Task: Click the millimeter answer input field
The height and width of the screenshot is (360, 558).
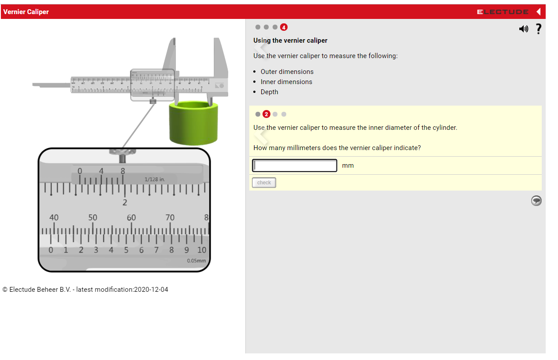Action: pos(295,165)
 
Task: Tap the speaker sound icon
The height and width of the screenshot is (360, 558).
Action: pos(523,29)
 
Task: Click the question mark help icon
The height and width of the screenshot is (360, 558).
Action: pos(538,29)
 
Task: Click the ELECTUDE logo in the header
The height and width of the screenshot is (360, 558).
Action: pos(503,12)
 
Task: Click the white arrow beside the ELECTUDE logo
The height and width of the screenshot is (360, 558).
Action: pos(538,12)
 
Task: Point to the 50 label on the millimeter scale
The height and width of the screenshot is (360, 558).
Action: pos(93,217)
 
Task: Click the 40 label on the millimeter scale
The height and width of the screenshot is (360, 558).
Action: pos(54,217)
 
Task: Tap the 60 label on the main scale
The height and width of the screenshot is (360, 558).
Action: pos(131,217)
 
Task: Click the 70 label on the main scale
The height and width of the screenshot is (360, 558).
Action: pos(170,217)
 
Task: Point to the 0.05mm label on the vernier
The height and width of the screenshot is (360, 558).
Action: pos(196,261)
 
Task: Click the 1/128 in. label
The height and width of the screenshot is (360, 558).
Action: pos(155,180)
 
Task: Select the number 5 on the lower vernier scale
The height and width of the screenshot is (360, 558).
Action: pos(126,250)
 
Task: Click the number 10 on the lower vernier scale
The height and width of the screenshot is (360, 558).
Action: pos(201,250)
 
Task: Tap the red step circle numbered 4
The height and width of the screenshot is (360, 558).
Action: pos(284,27)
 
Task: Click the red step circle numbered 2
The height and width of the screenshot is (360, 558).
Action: pos(266,114)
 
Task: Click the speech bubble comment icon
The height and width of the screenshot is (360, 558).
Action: pos(536,201)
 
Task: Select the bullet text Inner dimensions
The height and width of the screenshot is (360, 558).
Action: pos(286,82)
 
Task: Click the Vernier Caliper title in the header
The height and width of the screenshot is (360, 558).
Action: pos(26,12)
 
